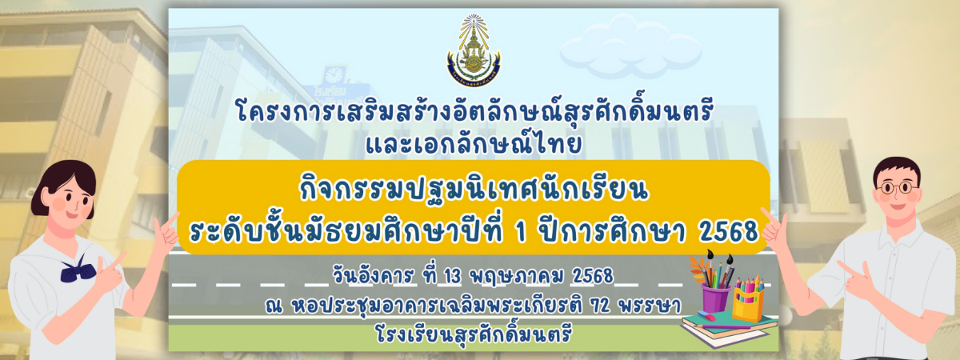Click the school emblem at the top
point(474,50)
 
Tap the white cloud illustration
point(631,46)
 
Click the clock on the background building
point(334,75)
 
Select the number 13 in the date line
point(452,277)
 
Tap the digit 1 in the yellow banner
point(521,232)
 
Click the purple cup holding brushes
point(715,298)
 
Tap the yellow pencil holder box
point(748,303)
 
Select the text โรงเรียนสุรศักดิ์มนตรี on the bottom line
point(474,334)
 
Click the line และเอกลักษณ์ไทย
point(474,143)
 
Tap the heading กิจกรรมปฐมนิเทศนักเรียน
point(474,190)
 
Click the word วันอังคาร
point(374,275)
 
